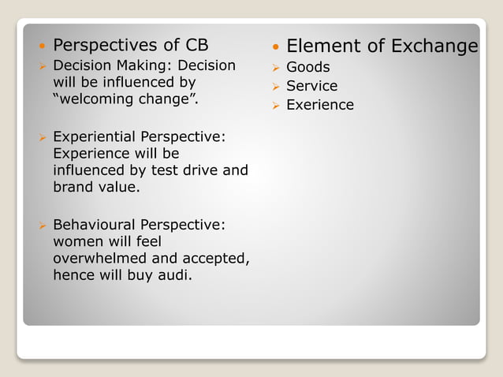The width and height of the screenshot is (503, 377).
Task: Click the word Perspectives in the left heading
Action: click(103, 44)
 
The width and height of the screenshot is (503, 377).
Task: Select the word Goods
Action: click(307, 67)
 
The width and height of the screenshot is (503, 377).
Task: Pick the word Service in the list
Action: click(311, 86)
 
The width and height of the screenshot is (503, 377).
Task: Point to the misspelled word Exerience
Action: click(319, 105)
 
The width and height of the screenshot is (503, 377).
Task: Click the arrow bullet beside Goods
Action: click(275, 68)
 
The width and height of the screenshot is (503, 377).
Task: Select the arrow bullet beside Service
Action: click(275, 87)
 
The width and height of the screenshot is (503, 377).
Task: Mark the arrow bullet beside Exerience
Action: click(275, 106)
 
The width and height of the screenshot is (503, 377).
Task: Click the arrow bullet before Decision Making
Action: click(43, 66)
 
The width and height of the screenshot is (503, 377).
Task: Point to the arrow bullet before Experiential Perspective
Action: click(43, 137)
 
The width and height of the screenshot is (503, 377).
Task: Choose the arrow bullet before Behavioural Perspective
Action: click(43, 226)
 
